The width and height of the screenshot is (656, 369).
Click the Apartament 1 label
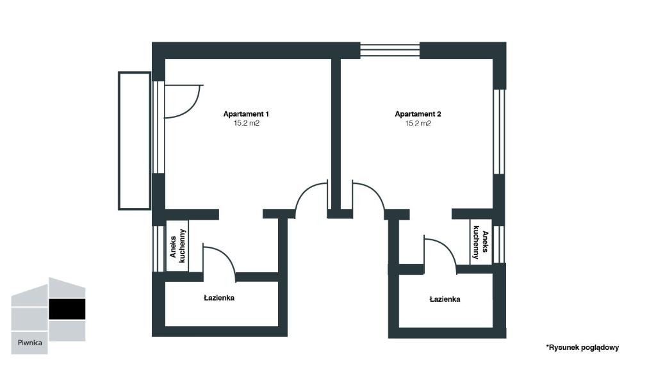tap(246, 114)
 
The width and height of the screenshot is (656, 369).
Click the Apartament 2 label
tap(418, 114)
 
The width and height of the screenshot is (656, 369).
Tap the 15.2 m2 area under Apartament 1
tap(247, 124)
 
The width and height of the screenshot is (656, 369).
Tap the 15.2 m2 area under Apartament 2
tap(418, 124)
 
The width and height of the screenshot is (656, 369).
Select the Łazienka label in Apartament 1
tap(219, 298)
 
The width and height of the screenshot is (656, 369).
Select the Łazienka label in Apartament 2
tap(445, 299)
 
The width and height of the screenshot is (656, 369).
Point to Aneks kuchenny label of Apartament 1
tap(177, 246)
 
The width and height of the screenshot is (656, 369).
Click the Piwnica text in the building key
tap(29, 343)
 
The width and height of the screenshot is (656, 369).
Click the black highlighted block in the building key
tap(67, 309)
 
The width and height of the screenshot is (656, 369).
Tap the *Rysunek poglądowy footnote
tap(582, 347)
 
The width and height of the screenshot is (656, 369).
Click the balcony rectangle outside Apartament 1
tap(135, 140)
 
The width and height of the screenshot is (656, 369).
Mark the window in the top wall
tap(390, 50)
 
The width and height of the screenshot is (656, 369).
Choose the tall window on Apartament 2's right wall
tap(498, 132)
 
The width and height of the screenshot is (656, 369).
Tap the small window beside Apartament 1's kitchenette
tap(159, 249)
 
